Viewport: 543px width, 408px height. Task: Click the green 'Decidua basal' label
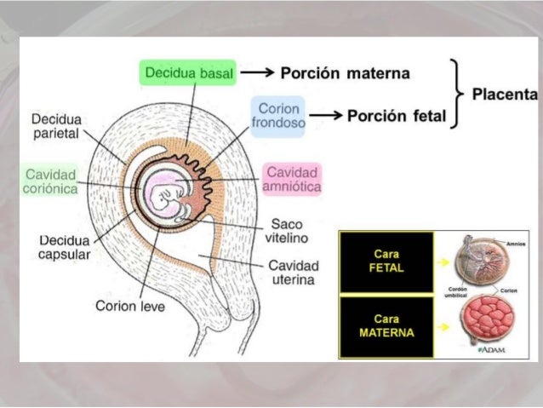(187, 73)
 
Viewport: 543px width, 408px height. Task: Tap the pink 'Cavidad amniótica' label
(293, 178)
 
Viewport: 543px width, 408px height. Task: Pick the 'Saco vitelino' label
(289, 230)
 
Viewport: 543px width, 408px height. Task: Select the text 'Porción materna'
(345, 73)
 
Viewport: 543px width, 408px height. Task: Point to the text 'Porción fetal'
(396, 116)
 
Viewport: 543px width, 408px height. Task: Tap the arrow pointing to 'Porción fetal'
(324, 116)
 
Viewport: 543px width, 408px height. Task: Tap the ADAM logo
(491, 350)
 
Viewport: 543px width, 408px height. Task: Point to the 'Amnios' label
(513, 244)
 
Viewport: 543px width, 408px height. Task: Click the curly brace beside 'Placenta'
(457, 93)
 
